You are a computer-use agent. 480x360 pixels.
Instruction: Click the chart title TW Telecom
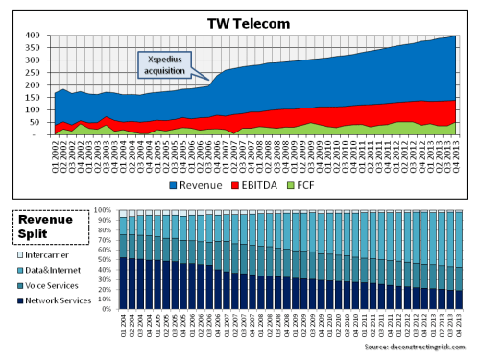[251, 22]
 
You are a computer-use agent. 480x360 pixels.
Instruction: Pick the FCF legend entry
[324, 185]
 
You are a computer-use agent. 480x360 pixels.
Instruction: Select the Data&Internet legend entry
[60, 270]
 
